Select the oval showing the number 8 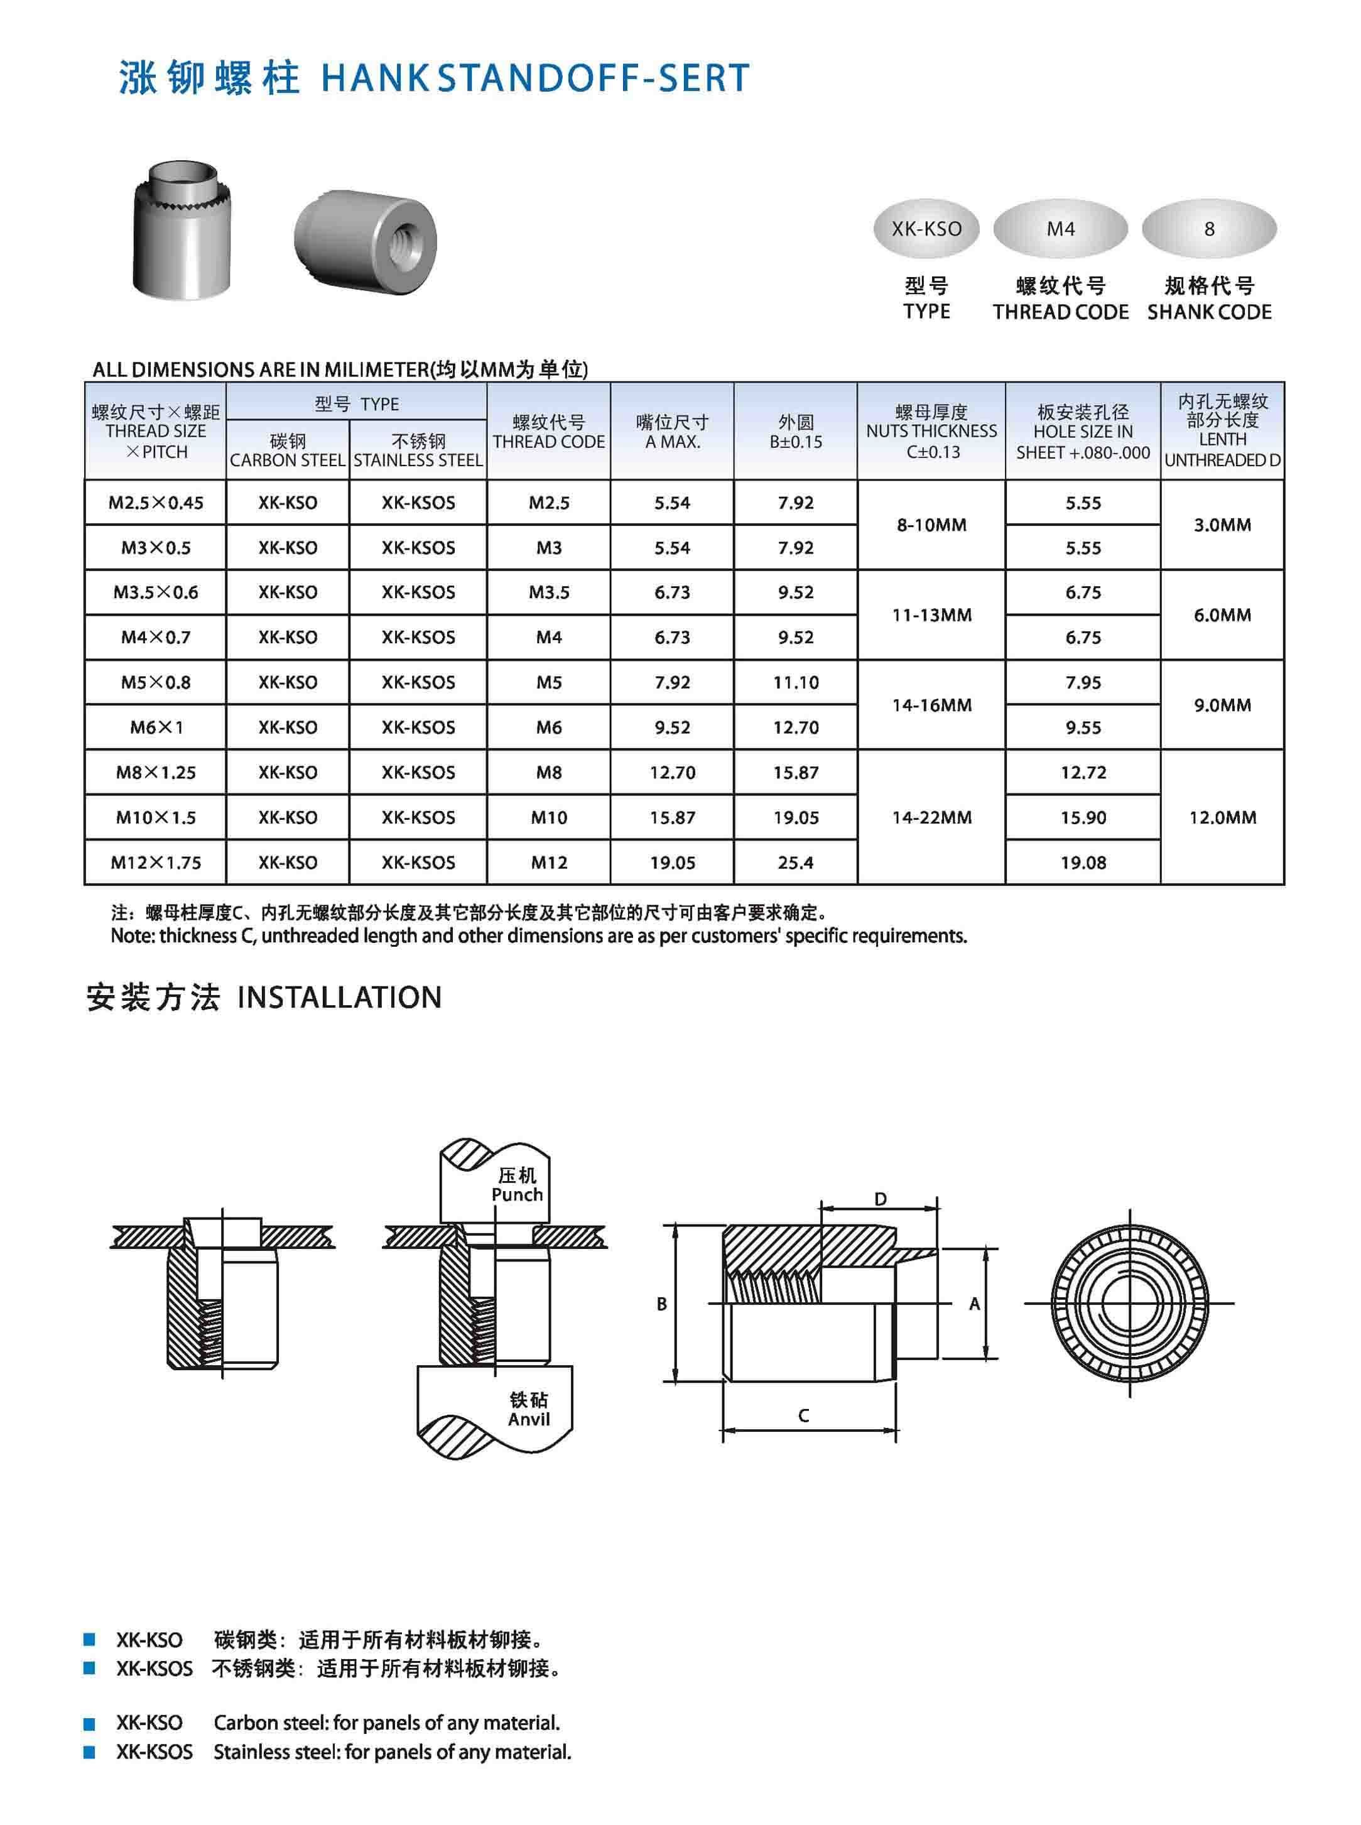click(x=1208, y=229)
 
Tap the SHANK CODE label click(x=1208, y=312)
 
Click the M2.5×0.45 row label click(x=156, y=503)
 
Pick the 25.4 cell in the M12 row click(x=795, y=863)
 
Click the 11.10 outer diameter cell click(x=795, y=682)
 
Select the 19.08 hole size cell click(x=1083, y=863)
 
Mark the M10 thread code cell click(x=549, y=817)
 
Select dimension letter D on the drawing click(x=880, y=1199)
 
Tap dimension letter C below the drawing click(x=803, y=1415)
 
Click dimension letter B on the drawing click(x=661, y=1304)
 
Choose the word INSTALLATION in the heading click(x=339, y=998)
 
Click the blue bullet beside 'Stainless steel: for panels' click(x=90, y=1753)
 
